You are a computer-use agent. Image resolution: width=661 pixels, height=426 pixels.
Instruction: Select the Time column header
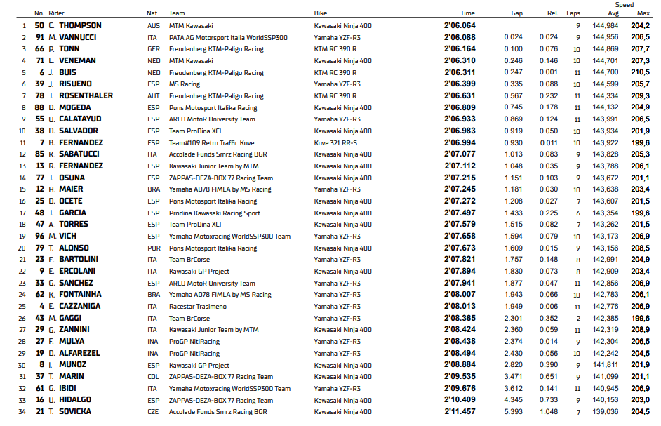(x=467, y=13)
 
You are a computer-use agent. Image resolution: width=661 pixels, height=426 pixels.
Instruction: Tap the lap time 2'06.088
(x=460, y=37)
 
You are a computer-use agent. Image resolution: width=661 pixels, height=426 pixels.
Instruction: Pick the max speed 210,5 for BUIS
(x=640, y=72)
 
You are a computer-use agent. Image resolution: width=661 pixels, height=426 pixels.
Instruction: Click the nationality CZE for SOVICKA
(x=153, y=412)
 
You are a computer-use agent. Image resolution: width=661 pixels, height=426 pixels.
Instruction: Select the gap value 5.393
(x=513, y=412)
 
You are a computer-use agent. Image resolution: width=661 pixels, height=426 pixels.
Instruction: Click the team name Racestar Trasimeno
(x=197, y=307)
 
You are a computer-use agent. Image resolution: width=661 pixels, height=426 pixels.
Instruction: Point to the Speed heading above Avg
(x=624, y=5)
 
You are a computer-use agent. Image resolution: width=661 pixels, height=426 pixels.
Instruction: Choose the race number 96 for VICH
(x=40, y=236)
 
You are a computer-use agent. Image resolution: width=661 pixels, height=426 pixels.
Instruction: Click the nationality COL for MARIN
(x=153, y=376)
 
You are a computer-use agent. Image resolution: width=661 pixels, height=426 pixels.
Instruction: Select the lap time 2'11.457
(x=460, y=412)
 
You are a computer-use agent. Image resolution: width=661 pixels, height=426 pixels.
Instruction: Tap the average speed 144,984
(x=606, y=25)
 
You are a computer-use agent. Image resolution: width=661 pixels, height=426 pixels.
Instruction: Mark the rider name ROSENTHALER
(x=85, y=95)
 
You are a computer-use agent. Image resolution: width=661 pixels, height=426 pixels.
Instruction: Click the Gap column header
(x=516, y=13)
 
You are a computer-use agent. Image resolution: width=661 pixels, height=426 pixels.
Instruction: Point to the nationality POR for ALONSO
(x=153, y=248)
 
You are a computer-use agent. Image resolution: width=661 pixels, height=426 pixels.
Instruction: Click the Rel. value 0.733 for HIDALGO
(x=549, y=400)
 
